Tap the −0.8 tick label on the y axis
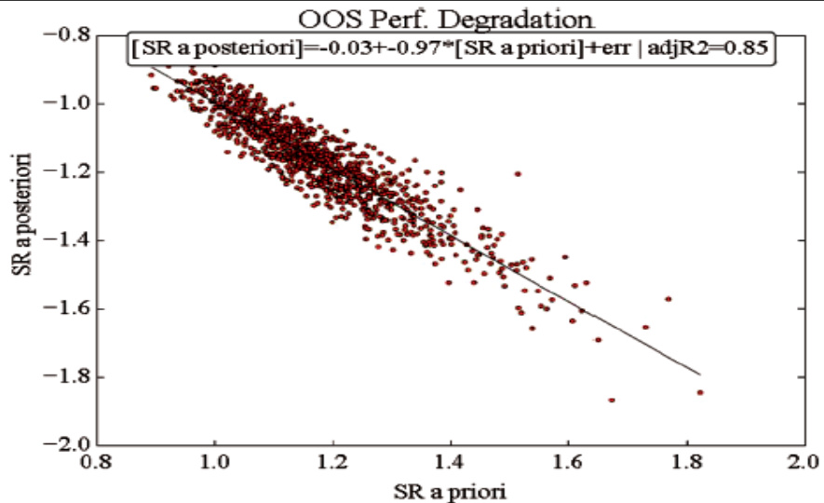pyautogui.click(x=66, y=35)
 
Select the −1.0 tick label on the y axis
pyautogui.click(x=66, y=103)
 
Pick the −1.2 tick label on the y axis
pyautogui.click(x=66, y=172)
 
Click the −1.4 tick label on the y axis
pyautogui.click(x=66, y=240)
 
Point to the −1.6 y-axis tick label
pyautogui.click(x=66, y=308)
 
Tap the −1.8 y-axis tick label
pyautogui.click(x=66, y=377)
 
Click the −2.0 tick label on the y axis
pyautogui.click(x=66, y=445)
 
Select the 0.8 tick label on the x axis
pyautogui.click(x=97, y=461)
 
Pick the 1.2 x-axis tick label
pyautogui.click(x=332, y=461)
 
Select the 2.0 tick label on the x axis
pyautogui.click(x=803, y=461)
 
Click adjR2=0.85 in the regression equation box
pyautogui.click(x=717, y=49)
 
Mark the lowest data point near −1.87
pyautogui.click(x=612, y=400)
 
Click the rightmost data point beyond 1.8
pyautogui.click(x=700, y=392)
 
